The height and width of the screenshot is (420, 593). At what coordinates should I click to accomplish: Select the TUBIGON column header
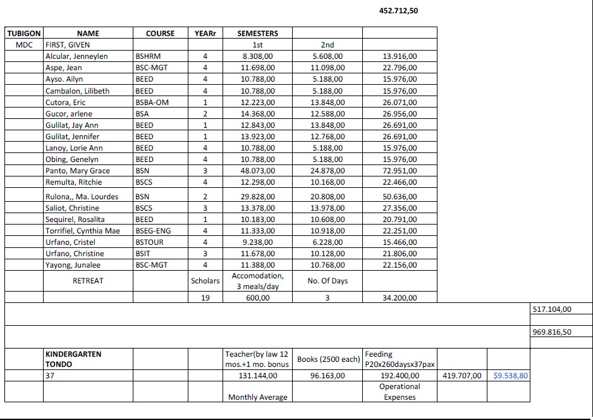[x=24, y=33]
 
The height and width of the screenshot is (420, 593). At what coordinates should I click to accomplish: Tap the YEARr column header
[x=205, y=33]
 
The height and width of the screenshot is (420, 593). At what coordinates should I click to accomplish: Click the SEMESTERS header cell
[x=257, y=33]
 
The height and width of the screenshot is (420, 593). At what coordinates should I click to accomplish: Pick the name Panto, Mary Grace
[x=77, y=171]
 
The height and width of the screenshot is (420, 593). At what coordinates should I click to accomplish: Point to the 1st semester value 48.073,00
[x=257, y=171]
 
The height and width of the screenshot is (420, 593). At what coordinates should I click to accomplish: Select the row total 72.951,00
[x=400, y=171]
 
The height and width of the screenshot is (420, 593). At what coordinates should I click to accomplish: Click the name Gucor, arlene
[x=69, y=114]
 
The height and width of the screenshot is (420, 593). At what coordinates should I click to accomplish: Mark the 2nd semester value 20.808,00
[x=327, y=197]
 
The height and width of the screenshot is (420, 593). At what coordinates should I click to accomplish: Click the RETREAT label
[x=88, y=280]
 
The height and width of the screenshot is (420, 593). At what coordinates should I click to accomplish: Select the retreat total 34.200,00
[x=400, y=298]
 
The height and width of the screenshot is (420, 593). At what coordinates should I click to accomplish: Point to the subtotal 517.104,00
[x=552, y=309]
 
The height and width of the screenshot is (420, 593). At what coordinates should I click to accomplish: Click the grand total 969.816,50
[x=552, y=331]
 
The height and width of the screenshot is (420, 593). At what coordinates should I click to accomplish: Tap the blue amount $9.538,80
[x=511, y=375]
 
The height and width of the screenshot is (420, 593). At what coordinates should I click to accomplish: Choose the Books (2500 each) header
[x=328, y=359]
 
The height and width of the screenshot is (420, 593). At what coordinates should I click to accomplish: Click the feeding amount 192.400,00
[x=400, y=375]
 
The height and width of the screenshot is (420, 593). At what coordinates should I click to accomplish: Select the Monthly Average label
[x=257, y=397]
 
